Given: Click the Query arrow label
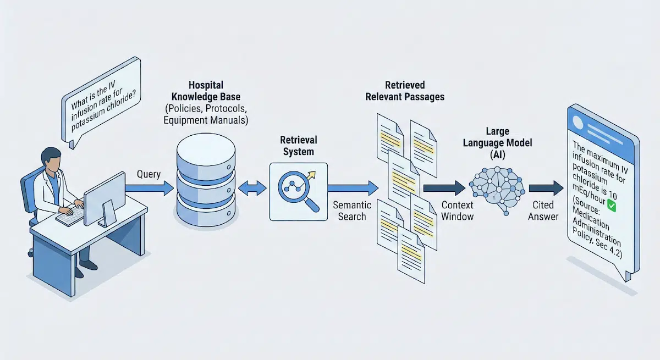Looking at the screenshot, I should tap(148, 174).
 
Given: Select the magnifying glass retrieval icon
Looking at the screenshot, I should tap(299, 191).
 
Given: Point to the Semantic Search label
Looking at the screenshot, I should tap(352, 211).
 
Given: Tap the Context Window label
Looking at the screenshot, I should tap(457, 211).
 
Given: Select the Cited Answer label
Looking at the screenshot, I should tap(543, 211).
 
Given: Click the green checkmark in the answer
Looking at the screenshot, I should tap(609, 205).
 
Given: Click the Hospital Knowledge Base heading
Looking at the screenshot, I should tap(205, 102).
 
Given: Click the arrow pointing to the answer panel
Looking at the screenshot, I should tap(546, 189).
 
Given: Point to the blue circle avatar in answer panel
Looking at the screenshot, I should tap(578, 123).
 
